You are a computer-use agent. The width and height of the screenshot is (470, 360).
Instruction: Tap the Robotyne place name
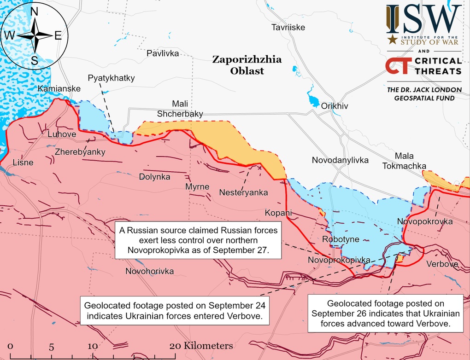pos(341,239)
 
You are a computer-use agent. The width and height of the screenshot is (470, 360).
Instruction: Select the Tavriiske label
pos(288,28)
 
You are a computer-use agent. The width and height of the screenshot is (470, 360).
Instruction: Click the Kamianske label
pos(59,88)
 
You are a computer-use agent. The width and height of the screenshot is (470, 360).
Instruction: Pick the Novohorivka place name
pos(150,272)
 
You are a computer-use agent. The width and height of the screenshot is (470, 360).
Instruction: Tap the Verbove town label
pos(442,264)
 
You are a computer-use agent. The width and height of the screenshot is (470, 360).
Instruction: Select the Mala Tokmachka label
pos(410,161)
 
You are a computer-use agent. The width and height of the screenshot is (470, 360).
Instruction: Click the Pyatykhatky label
pos(111,78)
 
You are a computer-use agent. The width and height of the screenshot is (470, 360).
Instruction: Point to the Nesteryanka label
pos(243,193)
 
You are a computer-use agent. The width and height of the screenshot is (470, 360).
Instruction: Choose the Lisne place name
pos(23,163)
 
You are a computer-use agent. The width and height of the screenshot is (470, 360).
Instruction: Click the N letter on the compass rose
pos(35,12)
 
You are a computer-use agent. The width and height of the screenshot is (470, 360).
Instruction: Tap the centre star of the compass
pos(35,35)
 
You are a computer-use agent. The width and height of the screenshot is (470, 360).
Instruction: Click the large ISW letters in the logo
pos(423,18)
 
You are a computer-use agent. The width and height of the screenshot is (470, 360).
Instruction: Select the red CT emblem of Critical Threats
pos(398,66)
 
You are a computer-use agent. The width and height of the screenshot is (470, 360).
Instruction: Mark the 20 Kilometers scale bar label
pos(201,345)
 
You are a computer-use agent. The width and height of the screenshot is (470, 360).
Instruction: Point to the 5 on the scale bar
pos(52,346)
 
